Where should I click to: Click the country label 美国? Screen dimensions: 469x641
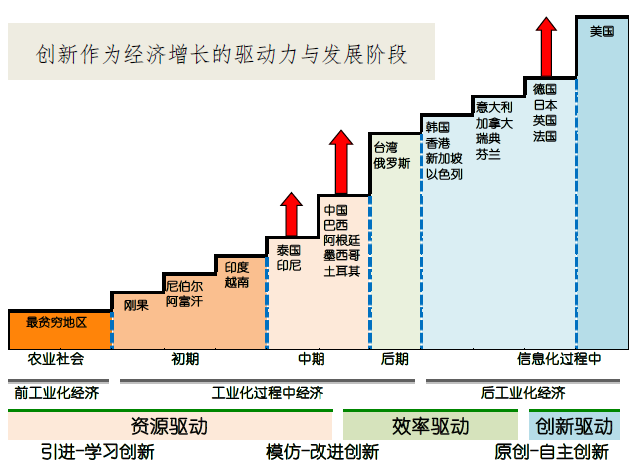coord(602,32)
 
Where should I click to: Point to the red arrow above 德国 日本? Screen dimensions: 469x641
coord(546,46)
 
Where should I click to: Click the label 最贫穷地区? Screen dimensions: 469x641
coord(57,323)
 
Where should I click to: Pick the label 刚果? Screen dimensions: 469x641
coord(136,305)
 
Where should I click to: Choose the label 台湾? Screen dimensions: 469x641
coord(385,147)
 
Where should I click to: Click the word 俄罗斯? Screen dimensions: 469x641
coord(391,163)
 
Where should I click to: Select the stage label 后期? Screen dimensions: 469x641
coord(394,359)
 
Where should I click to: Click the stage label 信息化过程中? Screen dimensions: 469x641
coord(559,359)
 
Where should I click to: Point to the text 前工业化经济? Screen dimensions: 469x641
coord(56,392)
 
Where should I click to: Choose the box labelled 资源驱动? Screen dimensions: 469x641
coord(169,426)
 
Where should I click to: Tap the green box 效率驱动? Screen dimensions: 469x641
coord(431,426)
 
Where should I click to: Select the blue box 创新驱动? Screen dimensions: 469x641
coord(574,426)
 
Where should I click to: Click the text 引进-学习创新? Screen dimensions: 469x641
coord(98,452)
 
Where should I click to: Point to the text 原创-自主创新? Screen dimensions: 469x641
coord(552,452)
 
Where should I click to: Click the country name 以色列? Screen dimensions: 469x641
coord(444,174)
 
